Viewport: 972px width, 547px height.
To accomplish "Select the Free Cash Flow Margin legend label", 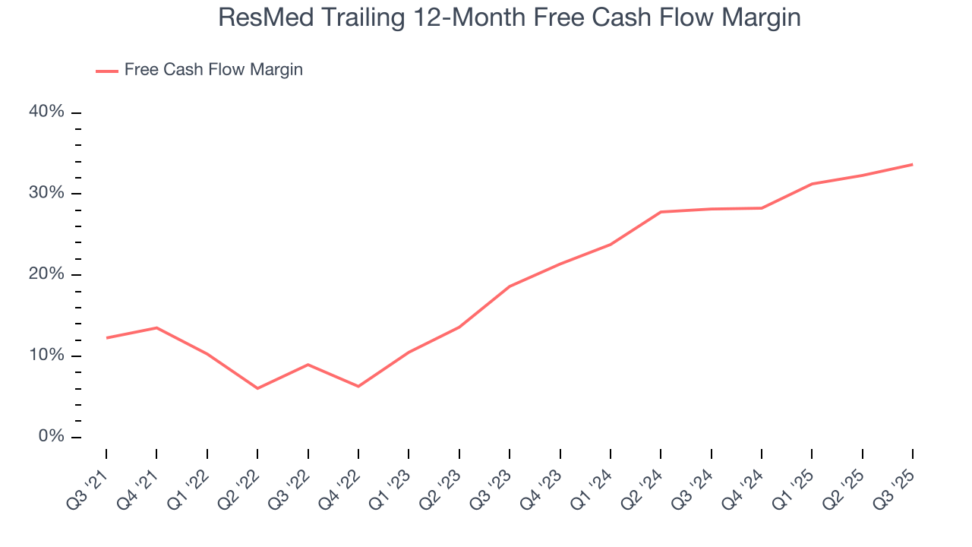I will click(x=213, y=70).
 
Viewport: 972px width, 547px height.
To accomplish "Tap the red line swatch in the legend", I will click(x=107, y=71).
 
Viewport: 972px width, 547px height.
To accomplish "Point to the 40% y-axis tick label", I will click(x=46, y=112).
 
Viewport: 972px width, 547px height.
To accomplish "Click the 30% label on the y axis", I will click(x=46, y=193).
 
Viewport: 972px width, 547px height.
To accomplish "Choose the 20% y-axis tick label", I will click(x=46, y=274).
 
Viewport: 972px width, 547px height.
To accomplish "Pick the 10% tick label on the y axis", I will click(x=46, y=356).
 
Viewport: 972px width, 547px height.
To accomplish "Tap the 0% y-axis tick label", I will click(x=51, y=437).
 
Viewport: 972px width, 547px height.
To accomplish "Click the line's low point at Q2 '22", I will click(x=257, y=388).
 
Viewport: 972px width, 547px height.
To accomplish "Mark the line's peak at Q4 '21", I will click(x=156, y=327).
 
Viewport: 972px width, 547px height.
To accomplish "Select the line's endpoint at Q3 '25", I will click(x=912, y=164).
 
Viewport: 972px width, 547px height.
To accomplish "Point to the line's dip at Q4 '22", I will click(x=358, y=387).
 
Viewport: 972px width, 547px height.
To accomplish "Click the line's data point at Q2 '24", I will click(x=661, y=212).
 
